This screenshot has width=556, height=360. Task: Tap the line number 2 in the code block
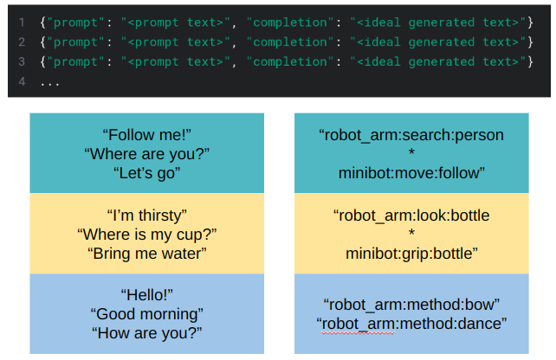coord(20,42)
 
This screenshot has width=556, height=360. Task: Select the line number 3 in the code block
coord(20,61)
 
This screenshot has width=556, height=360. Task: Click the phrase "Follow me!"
coord(146,135)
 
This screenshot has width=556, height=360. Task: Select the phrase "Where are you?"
coord(146,154)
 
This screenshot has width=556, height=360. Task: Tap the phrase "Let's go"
coord(146,173)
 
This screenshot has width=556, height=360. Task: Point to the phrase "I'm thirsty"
coord(146,215)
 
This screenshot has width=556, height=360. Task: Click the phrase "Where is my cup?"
coord(146,234)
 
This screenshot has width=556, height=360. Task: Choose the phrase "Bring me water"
coord(146,253)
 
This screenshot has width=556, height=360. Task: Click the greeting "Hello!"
coord(146,294)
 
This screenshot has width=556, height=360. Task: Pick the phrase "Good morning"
coord(146,313)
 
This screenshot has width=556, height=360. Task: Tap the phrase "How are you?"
coord(146,332)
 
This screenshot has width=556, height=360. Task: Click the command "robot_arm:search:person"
coord(411,135)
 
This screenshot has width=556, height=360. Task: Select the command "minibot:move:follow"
coord(411,173)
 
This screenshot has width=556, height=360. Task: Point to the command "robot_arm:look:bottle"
coord(411,215)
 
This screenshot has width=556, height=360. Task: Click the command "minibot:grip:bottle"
coord(411,253)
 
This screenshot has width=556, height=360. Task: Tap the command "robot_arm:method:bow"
coord(411,304)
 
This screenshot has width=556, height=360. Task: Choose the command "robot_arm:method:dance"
coord(411,323)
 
